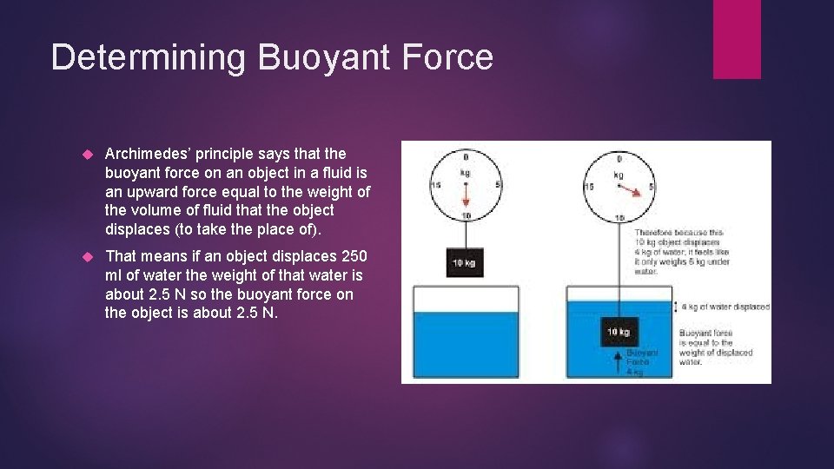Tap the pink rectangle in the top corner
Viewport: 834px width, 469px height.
coord(737,39)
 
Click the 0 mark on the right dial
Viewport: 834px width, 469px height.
coord(619,158)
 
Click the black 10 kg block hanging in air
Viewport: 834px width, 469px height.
coord(464,263)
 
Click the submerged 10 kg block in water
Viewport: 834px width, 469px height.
coord(619,332)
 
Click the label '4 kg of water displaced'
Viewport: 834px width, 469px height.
coord(725,307)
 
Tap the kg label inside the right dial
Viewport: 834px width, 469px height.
coord(619,175)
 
